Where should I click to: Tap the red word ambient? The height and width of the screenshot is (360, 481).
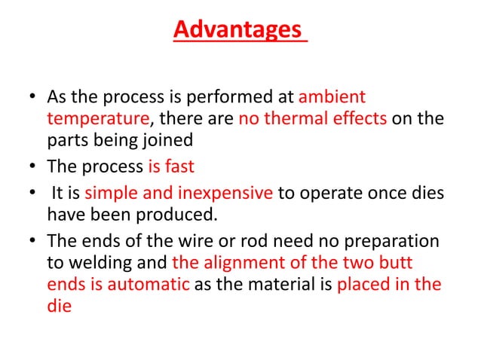tap(332, 98)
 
